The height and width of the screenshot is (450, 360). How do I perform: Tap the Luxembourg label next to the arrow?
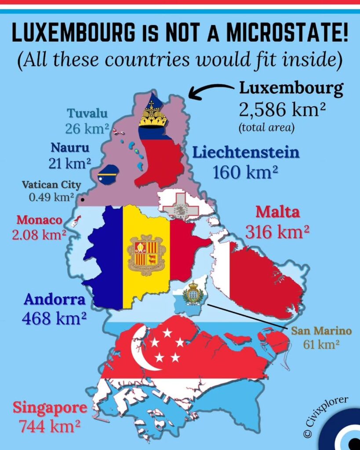click(x=291, y=89)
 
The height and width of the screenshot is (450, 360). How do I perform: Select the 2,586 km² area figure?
click(x=282, y=110)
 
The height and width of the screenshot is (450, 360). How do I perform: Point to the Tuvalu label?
click(x=87, y=113)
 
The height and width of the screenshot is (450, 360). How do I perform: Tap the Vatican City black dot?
click(x=82, y=200)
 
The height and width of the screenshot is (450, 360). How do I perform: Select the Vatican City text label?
click(x=51, y=185)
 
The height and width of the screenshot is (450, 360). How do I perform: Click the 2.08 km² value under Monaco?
click(x=39, y=235)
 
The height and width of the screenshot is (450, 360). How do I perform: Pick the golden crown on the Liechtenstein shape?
click(x=153, y=116)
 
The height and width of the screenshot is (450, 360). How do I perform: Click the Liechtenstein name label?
click(x=246, y=153)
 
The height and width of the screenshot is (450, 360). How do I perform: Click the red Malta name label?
click(x=278, y=212)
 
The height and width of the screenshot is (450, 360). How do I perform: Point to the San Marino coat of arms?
click(x=193, y=293)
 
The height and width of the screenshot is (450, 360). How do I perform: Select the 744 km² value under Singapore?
click(x=49, y=425)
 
